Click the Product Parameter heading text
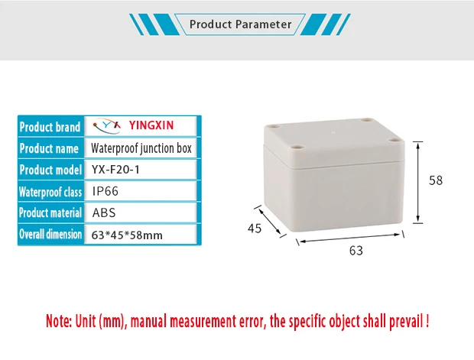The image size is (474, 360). tap(240, 24)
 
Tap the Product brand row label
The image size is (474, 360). tap(50, 127)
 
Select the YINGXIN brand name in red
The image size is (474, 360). tap(157, 126)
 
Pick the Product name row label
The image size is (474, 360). tap(50, 148)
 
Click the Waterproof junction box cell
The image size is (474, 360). tap(141, 148)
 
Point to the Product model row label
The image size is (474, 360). tap(50, 170)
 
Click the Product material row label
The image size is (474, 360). tap(50, 213)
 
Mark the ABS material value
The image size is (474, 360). tap(104, 213)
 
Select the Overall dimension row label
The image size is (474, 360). tap(50, 235)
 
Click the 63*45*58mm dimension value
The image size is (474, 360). tap(127, 235)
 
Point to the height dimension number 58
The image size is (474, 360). tap(436, 181)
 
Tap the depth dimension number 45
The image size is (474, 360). tap(255, 228)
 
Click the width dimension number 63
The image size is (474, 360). tap(355, 250)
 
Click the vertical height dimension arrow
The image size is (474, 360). tap(417, 181)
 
